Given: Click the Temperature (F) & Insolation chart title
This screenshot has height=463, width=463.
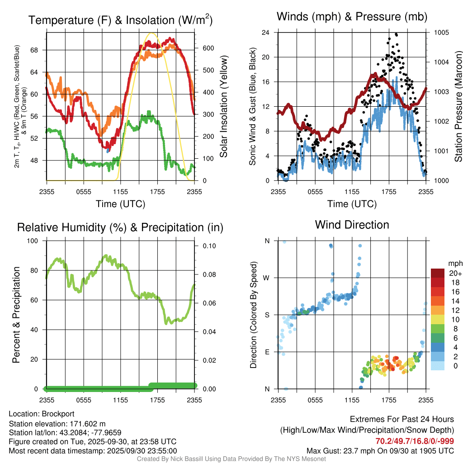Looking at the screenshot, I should coord(120,20).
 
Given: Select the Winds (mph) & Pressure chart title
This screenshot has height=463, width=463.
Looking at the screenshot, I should coord(352,17).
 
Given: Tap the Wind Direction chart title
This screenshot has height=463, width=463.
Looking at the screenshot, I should coord(352,225).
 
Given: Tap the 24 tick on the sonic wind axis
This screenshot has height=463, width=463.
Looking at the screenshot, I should coord(266,33).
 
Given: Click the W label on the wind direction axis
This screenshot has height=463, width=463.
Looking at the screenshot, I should coord(267,278).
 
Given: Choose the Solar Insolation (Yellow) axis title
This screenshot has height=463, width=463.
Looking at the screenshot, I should coord(223,107).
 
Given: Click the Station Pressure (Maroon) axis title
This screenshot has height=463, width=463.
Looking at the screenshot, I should coord(458,107).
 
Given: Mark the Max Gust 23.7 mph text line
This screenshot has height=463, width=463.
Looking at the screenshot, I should coord(380,450).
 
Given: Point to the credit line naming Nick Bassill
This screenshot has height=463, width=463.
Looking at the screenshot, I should coord(231,459).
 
